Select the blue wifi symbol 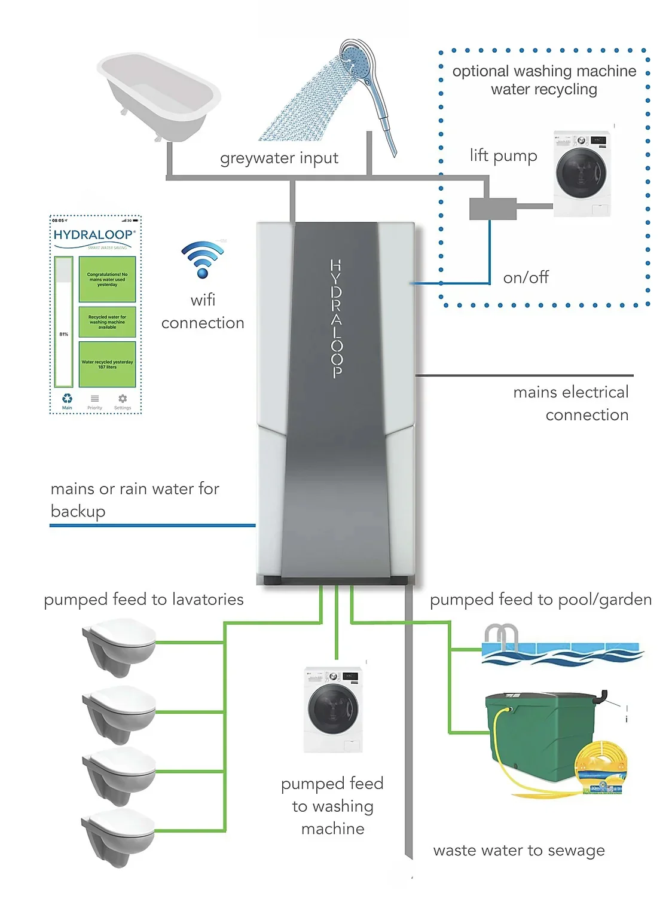click(203, 259)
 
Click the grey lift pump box click(493, 209)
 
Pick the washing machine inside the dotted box click(582, 173)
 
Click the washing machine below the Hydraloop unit click(333, 709)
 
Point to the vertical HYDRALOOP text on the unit click(336, 319)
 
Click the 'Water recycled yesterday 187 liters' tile click(108, 364)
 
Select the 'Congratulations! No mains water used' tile click(108, 279)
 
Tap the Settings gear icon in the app click(123, 399)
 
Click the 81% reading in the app click(64, 334)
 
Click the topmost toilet click(120, 646)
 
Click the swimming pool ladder click(500, 637)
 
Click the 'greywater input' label click(279, 158)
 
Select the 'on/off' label click(526, 277)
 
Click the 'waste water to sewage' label click(518, 850)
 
